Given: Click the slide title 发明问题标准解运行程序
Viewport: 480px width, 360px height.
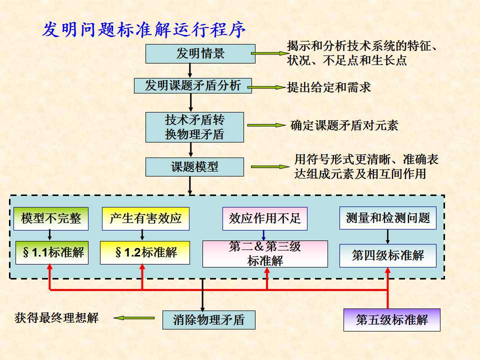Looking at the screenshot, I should pyautogui.click(x=144, y=30).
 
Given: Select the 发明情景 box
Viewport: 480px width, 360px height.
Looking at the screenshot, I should pyautogui.click(x=200, y=54).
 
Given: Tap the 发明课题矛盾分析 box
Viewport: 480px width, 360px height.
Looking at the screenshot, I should pyautogui.click(x=193, y=86).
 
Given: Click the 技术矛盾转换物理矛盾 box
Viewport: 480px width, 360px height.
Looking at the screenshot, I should pyautogui.click(x=194, y=127).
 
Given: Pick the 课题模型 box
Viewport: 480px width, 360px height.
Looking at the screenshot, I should pyautogui.click(x=194, y=167).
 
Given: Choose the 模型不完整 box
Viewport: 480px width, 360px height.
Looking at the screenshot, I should pyautogui.click(x=51, y=218).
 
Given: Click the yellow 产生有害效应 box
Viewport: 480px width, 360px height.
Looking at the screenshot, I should pyautogui.click(x=145, y=218).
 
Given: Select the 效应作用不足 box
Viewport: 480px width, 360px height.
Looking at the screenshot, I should pyautogui.click(x=265, y=218).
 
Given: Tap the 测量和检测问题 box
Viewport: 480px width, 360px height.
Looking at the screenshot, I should pyautogui.click(x=388, y=218).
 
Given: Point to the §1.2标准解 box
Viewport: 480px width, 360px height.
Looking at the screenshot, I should pyautogui.click(x=145, y=252).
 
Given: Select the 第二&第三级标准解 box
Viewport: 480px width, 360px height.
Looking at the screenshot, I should pyautogui.click(x=265, y=253).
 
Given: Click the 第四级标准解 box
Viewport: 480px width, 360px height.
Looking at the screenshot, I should pyautogui.click(x=388, y=255).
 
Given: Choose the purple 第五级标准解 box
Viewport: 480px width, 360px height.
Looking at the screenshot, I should pyautogui.click(x=392, y=320).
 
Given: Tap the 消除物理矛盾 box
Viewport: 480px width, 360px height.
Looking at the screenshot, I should pyautogui.click(x=209, y=320).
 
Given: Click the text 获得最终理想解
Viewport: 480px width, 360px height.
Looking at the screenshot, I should pyautogui.click(x=57, y=318).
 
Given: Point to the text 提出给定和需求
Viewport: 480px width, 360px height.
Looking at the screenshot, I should pyautogui.click(x=329, y=87).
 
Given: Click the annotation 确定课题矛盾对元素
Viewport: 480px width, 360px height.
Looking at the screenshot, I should pyautogui.click(x=344, y=125).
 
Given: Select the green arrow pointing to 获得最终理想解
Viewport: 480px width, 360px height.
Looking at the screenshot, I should pyautogui.click(x=133, y=317).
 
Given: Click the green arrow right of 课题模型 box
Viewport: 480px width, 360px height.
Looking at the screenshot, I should pyautogui.click(x=268, y=166).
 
